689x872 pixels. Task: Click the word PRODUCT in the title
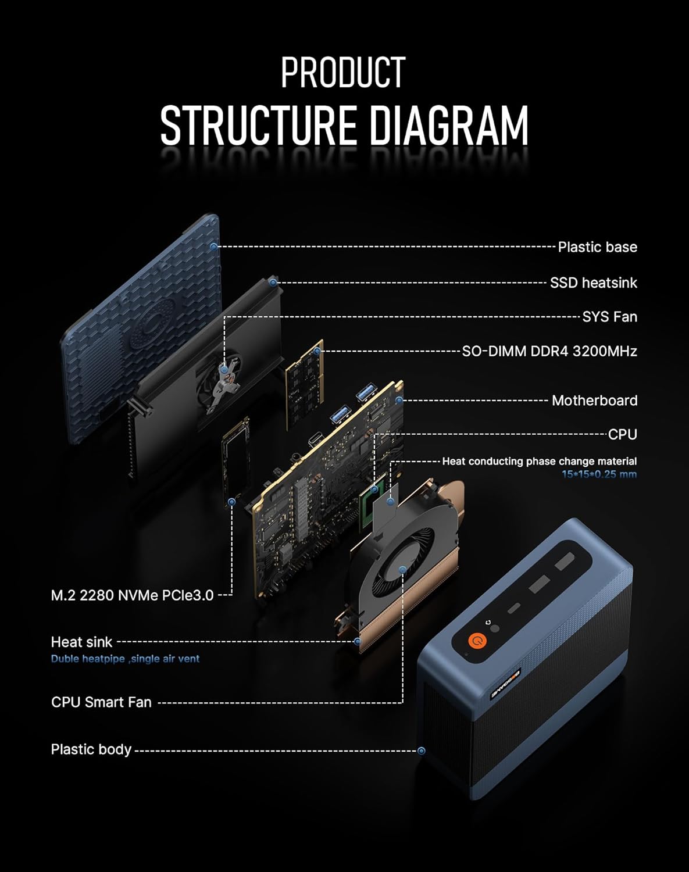click(x=343, y=73)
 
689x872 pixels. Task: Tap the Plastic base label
click(x=597, y=247)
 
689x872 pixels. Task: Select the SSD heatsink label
click(x=593, y=283)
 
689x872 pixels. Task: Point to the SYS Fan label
click(x=609, y=317)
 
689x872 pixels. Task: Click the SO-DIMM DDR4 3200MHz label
click(x=549, y=351)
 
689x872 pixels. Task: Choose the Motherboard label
click(x=594, y=401)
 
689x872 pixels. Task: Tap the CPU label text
click(x=622, y=434)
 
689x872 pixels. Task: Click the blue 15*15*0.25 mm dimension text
click(x=599, y=474)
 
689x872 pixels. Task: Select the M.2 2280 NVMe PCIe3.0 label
click(x=132, y=595)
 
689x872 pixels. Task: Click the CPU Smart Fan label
click(x=101, y=702)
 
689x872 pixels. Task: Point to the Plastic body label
click(x=91, y=749)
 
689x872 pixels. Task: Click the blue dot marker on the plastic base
click(x=214, y=246)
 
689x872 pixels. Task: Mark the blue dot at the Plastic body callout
click(x=422, y=751)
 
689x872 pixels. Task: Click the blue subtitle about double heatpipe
click(x=125, y=659)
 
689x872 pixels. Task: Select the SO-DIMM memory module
click(x=304, y=384)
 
